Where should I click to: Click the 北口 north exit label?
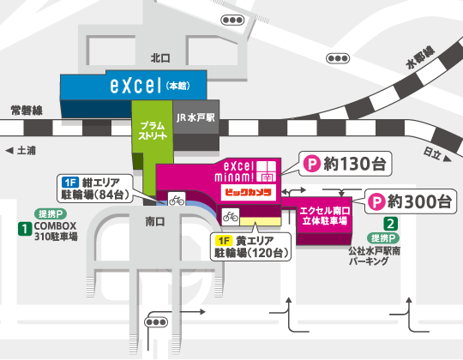click(160, 58)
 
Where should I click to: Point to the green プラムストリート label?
click(153, 129)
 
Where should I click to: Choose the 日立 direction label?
click(433, 154)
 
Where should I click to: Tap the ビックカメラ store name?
click(248, 193)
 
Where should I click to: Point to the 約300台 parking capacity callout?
click(410, 202)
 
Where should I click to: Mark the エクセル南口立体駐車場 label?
click(323, 215)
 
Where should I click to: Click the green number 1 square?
click(27, 228)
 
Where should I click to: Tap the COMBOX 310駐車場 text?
click(57, 232)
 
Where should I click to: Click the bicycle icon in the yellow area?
click(231, 215)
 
